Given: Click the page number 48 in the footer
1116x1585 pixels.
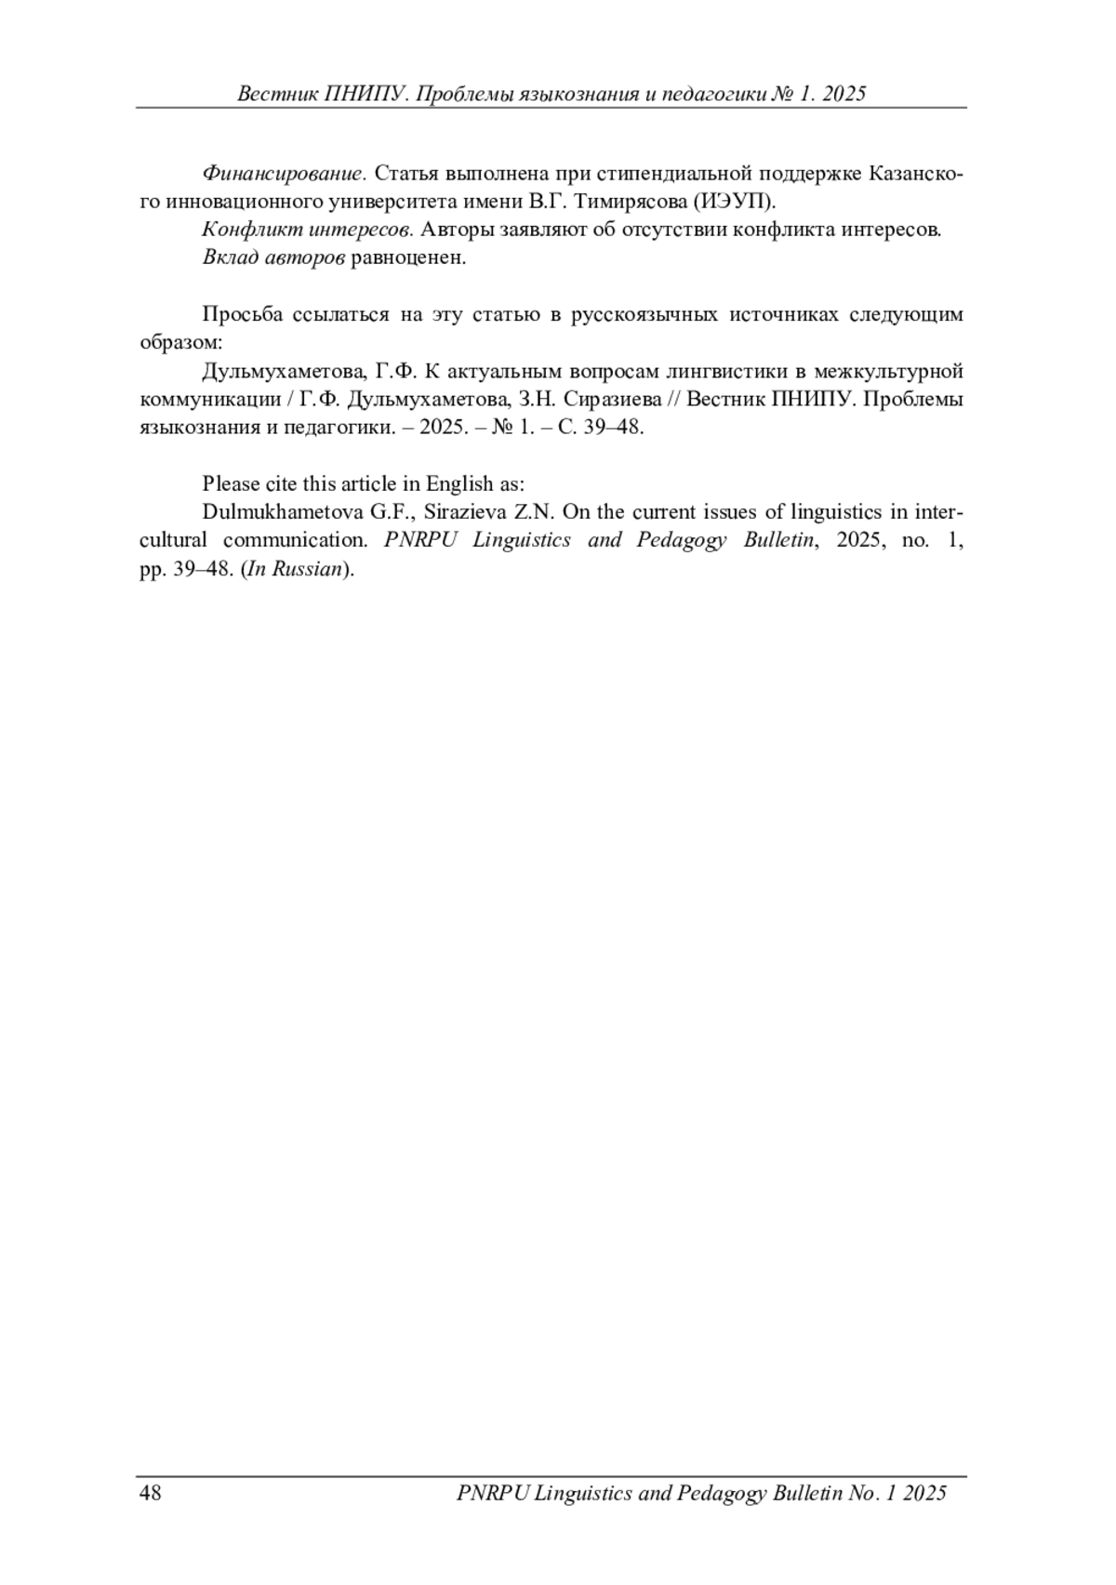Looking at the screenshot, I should coord(151,1493).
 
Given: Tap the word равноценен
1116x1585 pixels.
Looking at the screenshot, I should coord(407,258).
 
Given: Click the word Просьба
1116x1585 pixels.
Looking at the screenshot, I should coord(242,314).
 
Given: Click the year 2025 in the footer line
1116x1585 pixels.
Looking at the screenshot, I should coord(924,1493).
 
